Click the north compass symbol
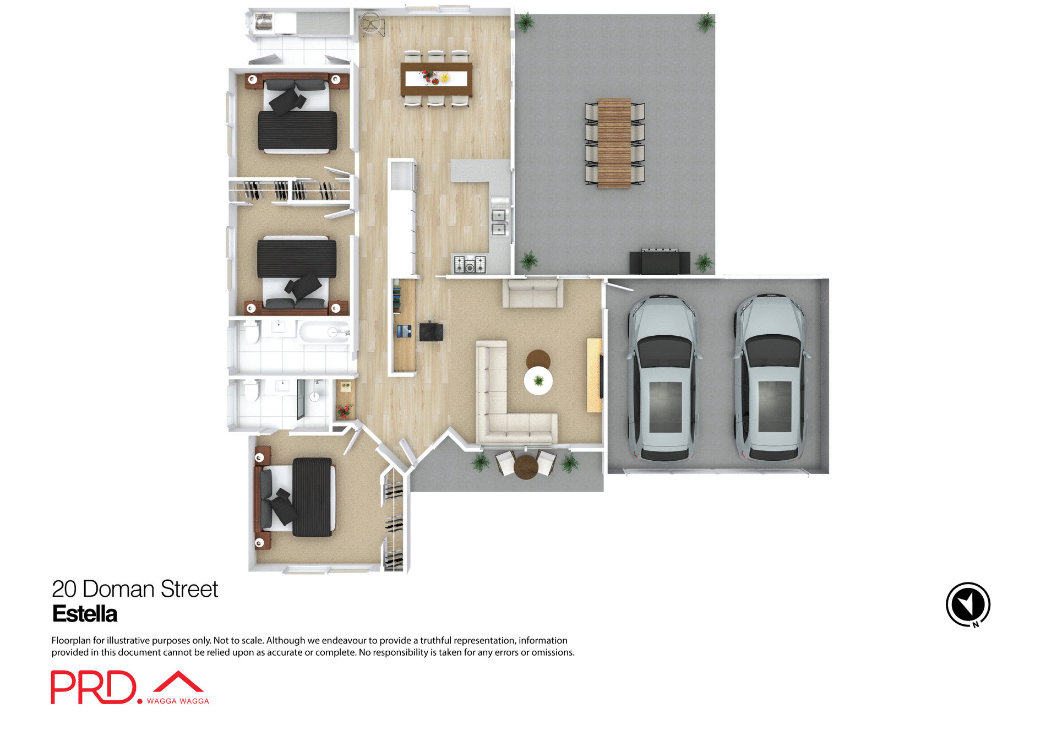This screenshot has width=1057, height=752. tap(968, 604)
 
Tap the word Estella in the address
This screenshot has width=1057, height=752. tap(85, 614)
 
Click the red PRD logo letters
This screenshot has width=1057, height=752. tap(93, 687)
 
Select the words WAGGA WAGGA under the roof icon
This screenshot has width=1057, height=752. tap(178, 701)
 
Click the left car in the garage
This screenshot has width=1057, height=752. tap(664, 378)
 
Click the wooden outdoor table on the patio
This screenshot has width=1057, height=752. tap(614, 143)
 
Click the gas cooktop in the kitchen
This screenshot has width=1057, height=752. tap(470, 265)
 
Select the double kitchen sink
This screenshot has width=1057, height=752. tap(499, 222)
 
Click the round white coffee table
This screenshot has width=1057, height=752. tap(538, 380)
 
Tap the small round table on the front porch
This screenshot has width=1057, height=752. tap(526, 467)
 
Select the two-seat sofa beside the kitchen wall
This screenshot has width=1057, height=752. tap(532, 293)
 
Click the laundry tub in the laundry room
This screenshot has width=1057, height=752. tap(264, 23)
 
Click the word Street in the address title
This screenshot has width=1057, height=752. tap(189, 589)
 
